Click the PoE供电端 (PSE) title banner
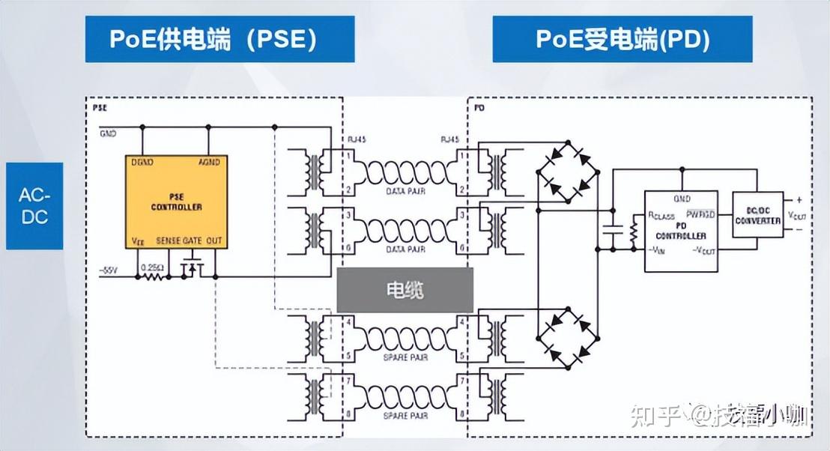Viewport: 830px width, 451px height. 219,39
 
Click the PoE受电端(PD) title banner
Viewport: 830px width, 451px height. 622,39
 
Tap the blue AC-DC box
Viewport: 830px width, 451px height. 34,205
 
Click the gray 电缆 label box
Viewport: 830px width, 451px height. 405,291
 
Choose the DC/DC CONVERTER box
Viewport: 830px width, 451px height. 757,215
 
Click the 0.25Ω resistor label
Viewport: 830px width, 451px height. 153,267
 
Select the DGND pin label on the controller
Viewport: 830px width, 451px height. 142,162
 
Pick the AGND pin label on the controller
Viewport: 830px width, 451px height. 208,162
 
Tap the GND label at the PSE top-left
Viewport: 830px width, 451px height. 108,133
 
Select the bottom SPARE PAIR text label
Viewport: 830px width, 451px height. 406,415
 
